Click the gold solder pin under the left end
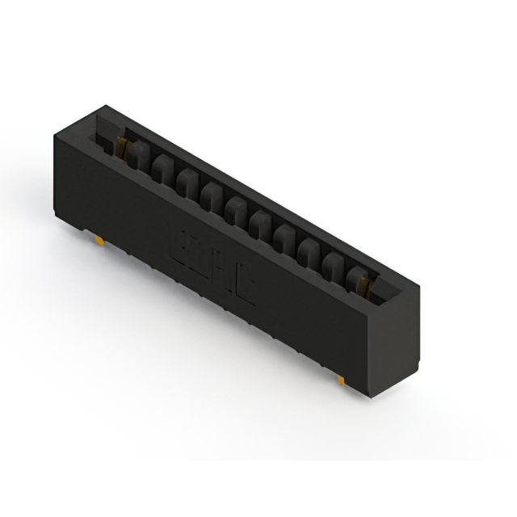click(x=98, y=241)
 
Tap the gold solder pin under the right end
click(x=342, y=378)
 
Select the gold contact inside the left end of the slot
click(x=123, y=146)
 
